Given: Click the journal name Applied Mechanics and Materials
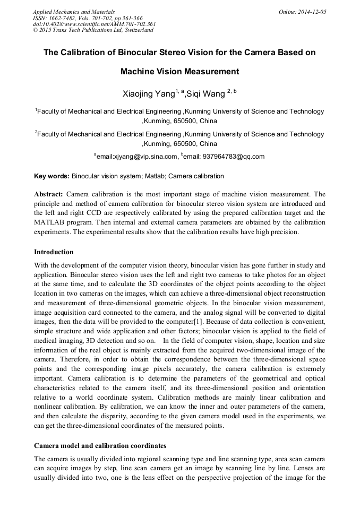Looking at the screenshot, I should click(74, 12).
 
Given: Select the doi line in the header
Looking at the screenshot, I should click(94, 24).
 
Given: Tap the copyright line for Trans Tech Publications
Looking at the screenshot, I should click(93, 30).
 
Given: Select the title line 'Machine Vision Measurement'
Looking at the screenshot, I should click(179, 71).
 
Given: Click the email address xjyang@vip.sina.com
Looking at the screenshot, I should click(138, 157).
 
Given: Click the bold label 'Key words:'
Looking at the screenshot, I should click(52, 176).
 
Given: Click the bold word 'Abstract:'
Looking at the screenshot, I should click(48, 194).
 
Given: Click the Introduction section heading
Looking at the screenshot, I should click(54, 252).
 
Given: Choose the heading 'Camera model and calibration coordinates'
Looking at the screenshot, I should click(100, 445).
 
